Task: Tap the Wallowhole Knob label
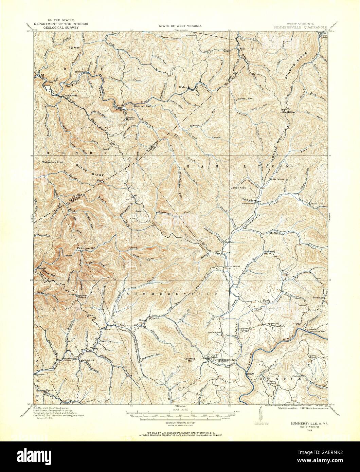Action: pos(53,162)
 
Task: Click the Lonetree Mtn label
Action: pos(193,359)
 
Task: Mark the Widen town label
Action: pos(183,87)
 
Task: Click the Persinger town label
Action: pos(319,297)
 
